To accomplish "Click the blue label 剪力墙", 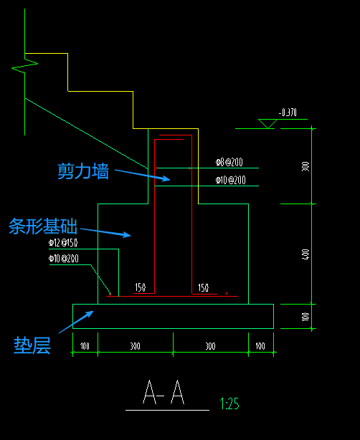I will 82,171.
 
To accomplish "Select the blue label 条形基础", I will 44,227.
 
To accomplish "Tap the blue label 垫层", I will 32,346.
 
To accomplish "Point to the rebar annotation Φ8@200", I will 229,163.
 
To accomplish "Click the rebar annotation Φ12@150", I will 63,244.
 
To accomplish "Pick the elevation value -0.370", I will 288,113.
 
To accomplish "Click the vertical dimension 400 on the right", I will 305,254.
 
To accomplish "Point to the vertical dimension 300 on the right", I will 305,166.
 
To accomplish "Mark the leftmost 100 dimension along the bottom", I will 85,346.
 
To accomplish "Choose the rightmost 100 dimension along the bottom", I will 260,346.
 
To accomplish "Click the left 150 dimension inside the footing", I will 140,287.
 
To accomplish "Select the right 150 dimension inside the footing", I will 203,287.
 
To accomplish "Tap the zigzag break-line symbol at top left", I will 24,67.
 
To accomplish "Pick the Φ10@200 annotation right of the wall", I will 230,181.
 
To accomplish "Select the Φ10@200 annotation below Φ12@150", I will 63,259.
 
